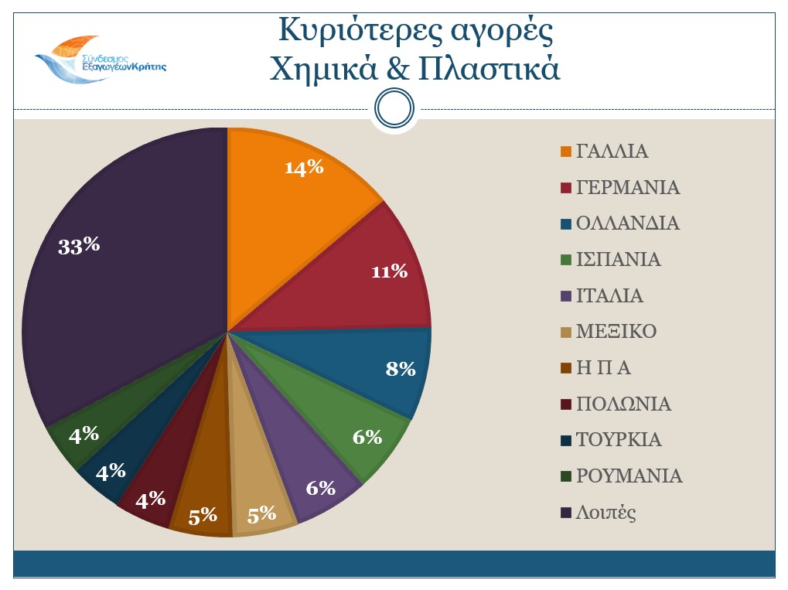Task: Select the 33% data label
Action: (x=80, y=246)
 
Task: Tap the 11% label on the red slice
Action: (x=389, y=271)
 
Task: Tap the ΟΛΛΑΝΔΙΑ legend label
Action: (x=627, y=223)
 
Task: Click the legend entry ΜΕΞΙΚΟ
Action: (x=616, y=333)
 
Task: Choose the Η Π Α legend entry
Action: (x=603, y=368)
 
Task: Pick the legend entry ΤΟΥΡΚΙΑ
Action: (x=619, y=440)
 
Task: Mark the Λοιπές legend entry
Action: (x=606, y=513)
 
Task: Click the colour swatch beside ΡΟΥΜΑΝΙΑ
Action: (x=566, y=477)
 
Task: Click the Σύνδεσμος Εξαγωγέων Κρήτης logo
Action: (x=99, y=58)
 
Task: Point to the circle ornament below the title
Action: (x=395, y=109)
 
